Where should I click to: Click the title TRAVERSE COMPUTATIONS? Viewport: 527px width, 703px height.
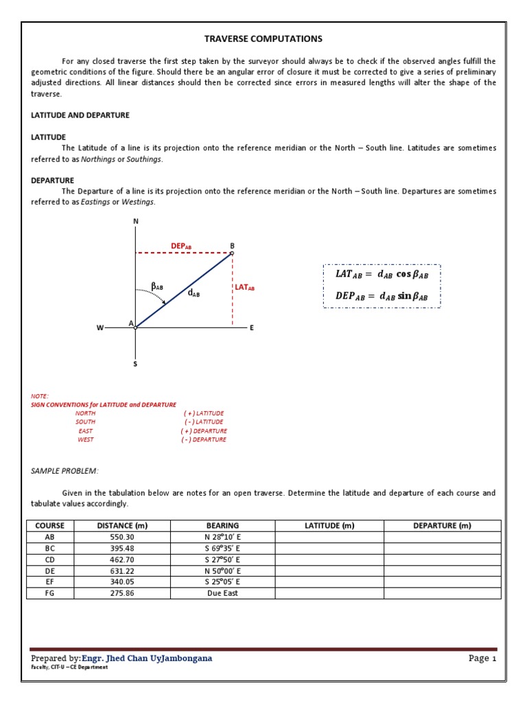pyautogui.click(x=263, y=39)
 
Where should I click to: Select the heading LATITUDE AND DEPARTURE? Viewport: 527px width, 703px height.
pyautogui.click(x=80, y=115)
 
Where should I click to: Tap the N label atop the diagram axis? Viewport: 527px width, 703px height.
pyautogui.click(x=135, y=221)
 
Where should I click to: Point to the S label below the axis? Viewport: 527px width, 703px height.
pyautogui.click(x=135, y=364)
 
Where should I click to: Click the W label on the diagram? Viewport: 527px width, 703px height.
pyautogui.click(x=100, y=328)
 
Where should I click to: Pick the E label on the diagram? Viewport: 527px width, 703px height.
pyautogui.click(x=252, y=328)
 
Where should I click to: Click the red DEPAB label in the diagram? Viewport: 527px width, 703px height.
pyautogui.click(x=181, y=246)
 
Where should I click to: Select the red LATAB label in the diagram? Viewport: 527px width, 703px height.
pyautogui.click(x=245, y=288)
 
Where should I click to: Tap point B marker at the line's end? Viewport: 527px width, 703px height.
pyautogui.click(x=232, y=253)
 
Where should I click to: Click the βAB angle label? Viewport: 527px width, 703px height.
pyautogui.click(x=157, y=286)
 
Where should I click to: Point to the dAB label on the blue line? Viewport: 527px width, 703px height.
pyautogui.click(x=194, y=293)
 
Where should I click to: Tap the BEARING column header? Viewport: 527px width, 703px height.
pyautogui.click(x=222, y=526)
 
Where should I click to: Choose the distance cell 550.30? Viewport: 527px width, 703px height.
pyautogui.click(x=123, y=537)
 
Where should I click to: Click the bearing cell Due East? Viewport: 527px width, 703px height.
pyautogui.click(x=222, y=592)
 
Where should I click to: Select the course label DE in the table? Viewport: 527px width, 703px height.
pyautogui.click(x=49, y=571)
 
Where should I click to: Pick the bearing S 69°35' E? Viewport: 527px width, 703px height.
pyautogui.click(x=222, y=548)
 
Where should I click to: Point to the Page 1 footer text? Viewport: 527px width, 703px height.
pyautogui.click(x=482, y=658)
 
